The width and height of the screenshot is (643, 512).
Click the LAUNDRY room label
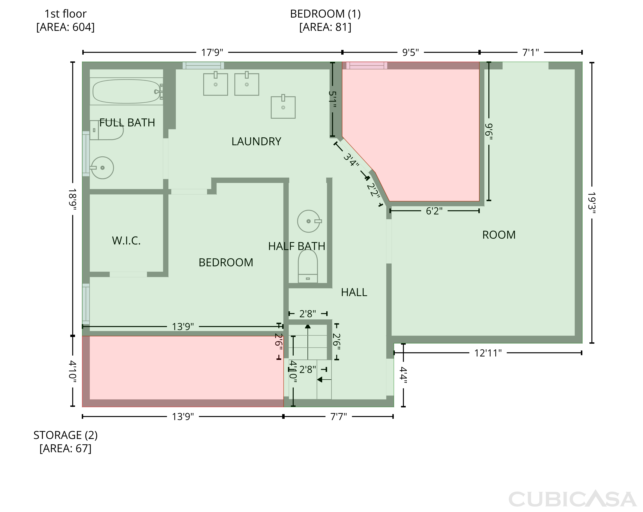click(x=256, y=141)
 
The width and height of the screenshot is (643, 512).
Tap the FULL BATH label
click(x=127, y=123)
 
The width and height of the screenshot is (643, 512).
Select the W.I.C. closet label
click(x=126, y=241)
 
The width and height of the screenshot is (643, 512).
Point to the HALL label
click(x=354, y=292)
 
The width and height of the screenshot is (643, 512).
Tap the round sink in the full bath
click(x=102, y=168)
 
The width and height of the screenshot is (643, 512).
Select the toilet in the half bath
click(x=308, y=266)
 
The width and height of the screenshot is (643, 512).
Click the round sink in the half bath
click(x=309, y=221)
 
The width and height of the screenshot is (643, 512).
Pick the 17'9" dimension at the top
click(x=212, y=52)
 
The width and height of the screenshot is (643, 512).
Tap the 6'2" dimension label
click(x=434, y=211)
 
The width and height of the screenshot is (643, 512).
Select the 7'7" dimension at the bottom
click(x=338, y=417)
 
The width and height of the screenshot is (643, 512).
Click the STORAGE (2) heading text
click(x=66, y=435)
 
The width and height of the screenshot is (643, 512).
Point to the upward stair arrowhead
click(x=308, y=326)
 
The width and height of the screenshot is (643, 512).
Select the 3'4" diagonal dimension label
click(x=351, y=160)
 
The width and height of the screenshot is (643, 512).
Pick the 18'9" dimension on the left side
click(x=72, y=199)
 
